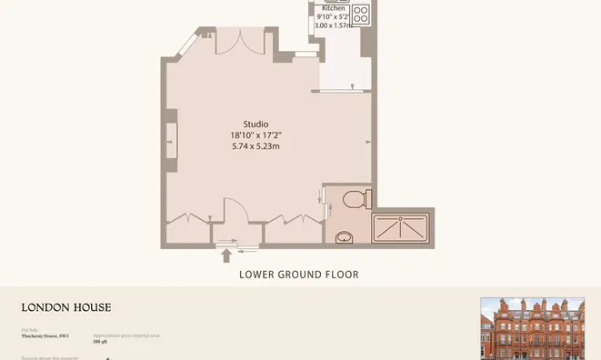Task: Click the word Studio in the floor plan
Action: coord(255,124)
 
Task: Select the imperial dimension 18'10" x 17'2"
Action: coord(255,135)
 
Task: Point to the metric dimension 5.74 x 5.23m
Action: coord(255,145)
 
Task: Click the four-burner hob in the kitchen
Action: coord(361,15)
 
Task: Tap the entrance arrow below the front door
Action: coord(226,256)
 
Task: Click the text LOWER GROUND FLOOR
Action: coord(299,275)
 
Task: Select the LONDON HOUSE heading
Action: coord(66,308)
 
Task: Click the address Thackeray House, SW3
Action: coord(45,336)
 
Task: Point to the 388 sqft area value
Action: coord(100,342)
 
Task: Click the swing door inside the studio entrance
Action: coord(233,210)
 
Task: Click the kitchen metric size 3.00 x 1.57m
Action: coord(332,25)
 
